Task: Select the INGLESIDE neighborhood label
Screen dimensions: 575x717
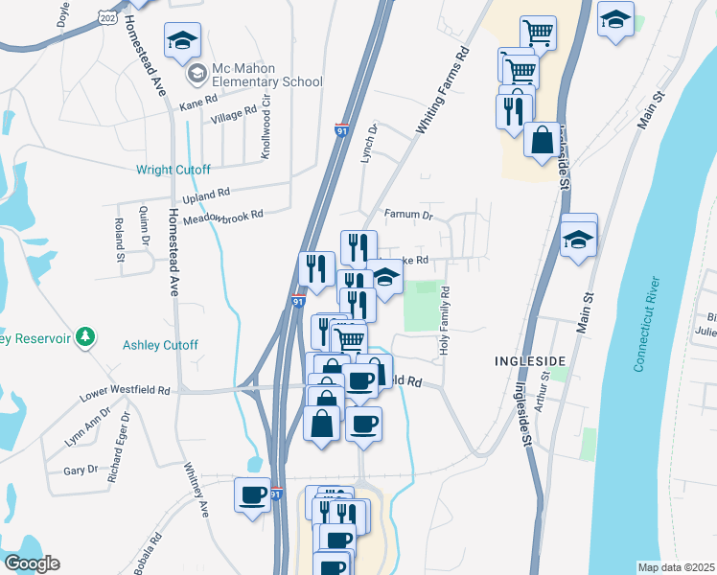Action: click(x=529, y=360)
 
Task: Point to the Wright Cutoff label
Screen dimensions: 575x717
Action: click(x=173, y=171)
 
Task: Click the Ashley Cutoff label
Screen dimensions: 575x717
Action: click(x=160, y=345)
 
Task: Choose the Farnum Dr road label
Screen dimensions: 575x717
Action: click(x=408, y=216)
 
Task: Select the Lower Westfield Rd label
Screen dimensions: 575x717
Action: click(x=125, y=391)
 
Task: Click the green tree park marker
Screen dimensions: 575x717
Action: click(x=88, y=336)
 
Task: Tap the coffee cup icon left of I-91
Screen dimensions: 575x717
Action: click(x=253, y=495)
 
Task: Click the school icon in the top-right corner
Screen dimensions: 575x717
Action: click(x=615, y=19)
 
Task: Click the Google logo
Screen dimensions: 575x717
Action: click(x=32, y=563)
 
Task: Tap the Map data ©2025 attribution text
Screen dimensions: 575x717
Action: click(x=676, y=567)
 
